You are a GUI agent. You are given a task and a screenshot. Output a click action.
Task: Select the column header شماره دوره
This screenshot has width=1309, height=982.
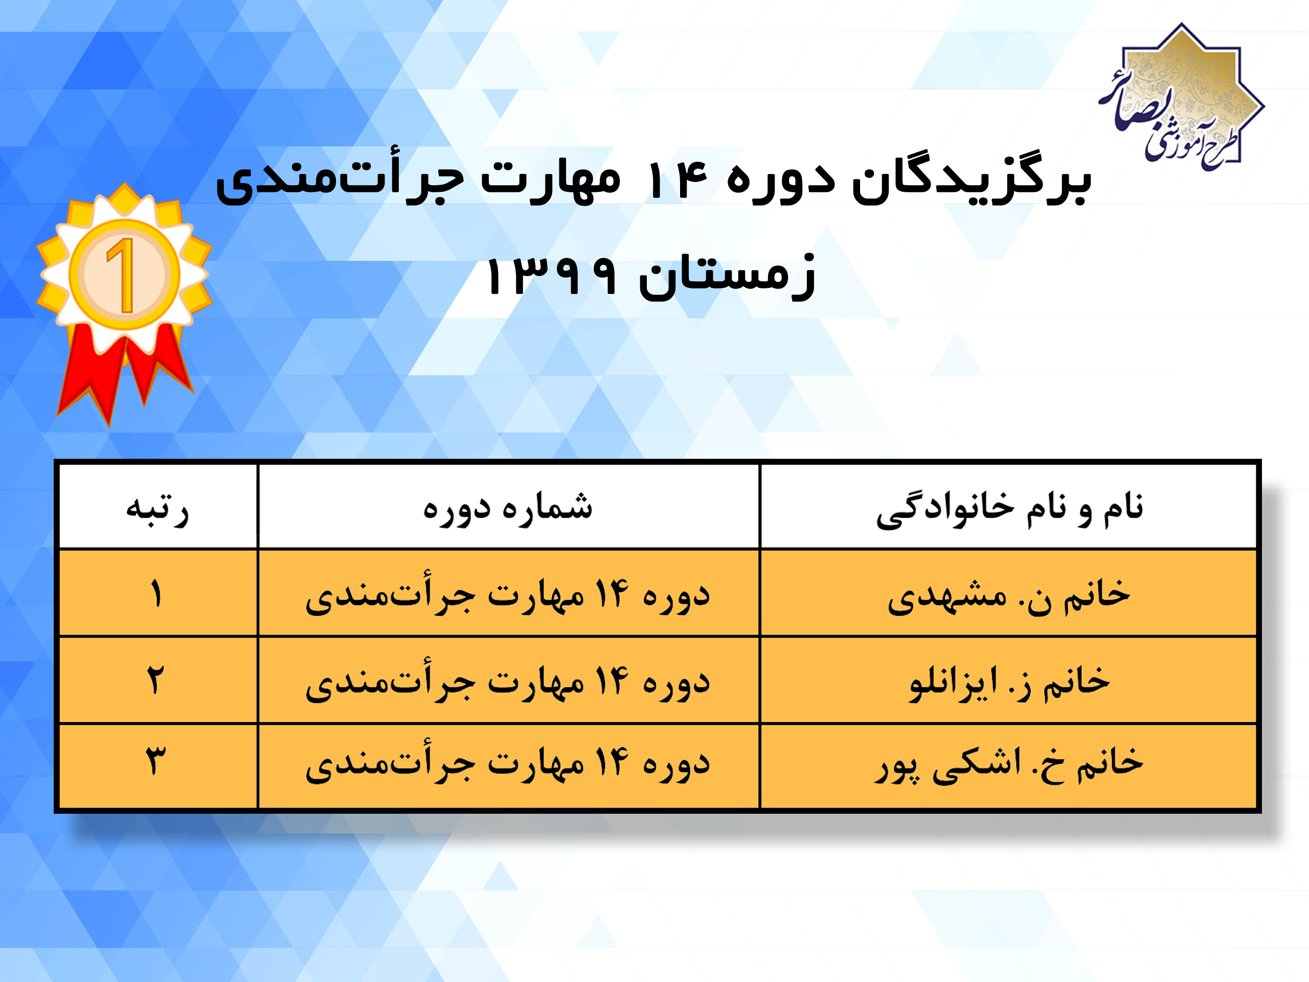(508, 508)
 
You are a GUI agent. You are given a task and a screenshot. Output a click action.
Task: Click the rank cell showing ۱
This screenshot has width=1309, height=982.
(156, 594)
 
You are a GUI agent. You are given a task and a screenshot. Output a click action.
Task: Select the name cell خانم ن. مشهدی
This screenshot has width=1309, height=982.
(1009, 595)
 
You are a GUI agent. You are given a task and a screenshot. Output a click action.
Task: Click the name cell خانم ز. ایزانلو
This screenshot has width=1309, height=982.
(1009, 682)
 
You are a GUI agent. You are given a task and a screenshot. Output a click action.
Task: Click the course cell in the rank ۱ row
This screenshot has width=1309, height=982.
(508, 594)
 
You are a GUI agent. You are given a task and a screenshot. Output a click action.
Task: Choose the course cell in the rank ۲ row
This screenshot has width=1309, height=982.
(508, 681)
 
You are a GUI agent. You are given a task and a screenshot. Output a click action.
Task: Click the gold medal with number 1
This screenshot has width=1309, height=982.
(124, 274)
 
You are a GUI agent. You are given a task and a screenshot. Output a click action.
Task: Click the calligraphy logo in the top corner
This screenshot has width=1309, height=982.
(1181, 98)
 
